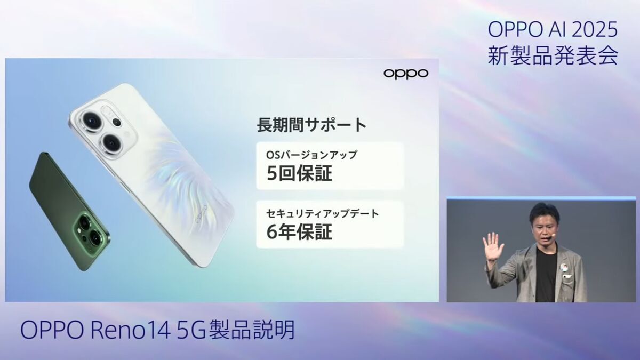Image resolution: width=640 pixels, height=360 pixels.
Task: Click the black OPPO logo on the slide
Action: coord(406,74)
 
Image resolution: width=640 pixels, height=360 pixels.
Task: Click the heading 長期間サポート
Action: coord(311,125)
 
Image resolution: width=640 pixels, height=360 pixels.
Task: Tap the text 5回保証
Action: coord(299,173)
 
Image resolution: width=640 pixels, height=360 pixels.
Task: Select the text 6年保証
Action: coord(299,231)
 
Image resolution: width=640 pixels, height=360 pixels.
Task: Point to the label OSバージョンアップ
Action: coord(311,155)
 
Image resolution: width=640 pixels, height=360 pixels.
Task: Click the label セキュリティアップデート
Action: coord(323,213)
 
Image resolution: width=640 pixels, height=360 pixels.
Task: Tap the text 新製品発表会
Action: coord(553,55)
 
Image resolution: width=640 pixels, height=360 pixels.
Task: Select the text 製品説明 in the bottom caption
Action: coord(252,330)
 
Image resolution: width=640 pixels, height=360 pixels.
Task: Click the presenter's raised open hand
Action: coord(493,247)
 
